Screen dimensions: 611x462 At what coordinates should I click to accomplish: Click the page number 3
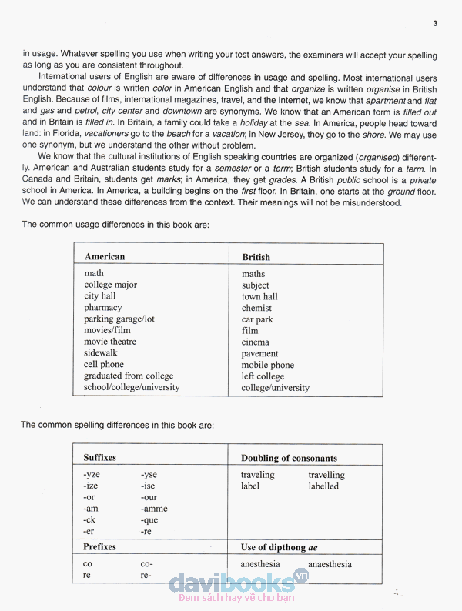click(x=435, y=24)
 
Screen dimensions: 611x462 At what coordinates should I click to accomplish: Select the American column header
click(x=105, y=257)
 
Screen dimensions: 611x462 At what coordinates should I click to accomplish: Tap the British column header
click(x=256, y=258)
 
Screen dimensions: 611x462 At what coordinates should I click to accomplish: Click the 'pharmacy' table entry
click(x=103, y=308)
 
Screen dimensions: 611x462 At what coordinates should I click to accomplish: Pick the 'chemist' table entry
click(x=256, y=308)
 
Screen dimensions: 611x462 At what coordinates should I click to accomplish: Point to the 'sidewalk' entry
click(x=101, y=353)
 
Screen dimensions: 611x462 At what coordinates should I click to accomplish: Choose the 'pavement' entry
click(x=259, y=354)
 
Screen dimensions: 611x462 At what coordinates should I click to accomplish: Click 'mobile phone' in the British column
click(x=267, y=366)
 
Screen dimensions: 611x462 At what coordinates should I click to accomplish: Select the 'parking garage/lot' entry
click(x=119, y=319)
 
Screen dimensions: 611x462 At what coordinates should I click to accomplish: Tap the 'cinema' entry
click(x=256, y=342)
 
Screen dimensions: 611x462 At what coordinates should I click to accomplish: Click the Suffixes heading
click(x=100, y=458)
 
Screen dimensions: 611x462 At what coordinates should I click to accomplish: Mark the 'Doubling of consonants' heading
click(x=289, y=459)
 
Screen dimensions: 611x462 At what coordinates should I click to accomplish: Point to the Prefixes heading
click(x=100, y=547)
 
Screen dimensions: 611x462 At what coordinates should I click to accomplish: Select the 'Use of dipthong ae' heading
click(x=279, y=548)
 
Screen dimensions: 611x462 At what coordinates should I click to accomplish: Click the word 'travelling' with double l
click(x=326, y=476)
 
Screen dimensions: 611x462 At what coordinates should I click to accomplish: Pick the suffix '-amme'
click(x=154, y=509)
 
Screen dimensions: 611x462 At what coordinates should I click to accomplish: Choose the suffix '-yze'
click(x=92, y=476)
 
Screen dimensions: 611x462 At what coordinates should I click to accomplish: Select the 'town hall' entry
click(x=259, y=297)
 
